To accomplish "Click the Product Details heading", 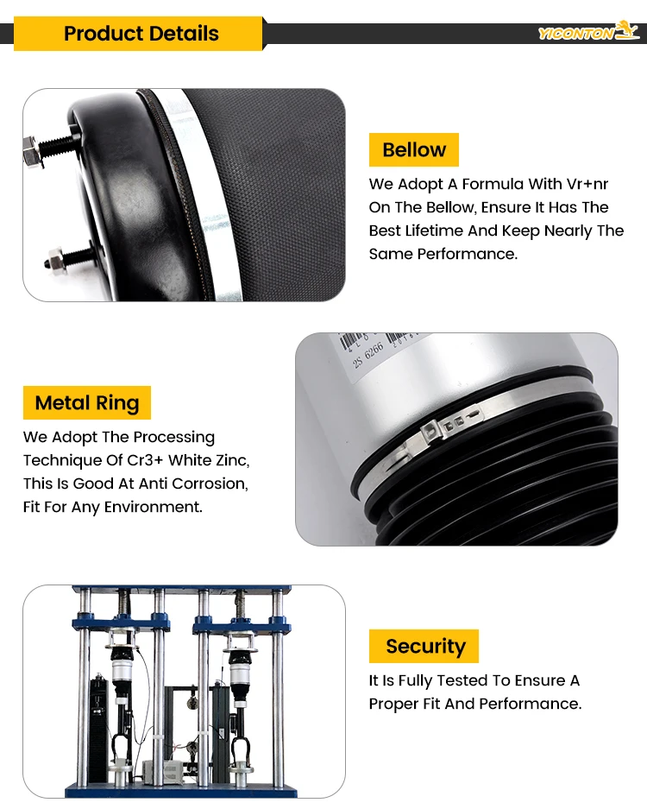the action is pos(141,34).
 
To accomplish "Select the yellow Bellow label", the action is pos(414,149).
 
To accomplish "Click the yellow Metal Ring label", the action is pos(87,402).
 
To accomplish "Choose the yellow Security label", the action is pos(424,646).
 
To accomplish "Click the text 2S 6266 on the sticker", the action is pos(368,355).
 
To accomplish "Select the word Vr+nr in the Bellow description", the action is pos(587,184).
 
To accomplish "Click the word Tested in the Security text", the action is pos(462,680).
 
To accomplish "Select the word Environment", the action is pos(153,507).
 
